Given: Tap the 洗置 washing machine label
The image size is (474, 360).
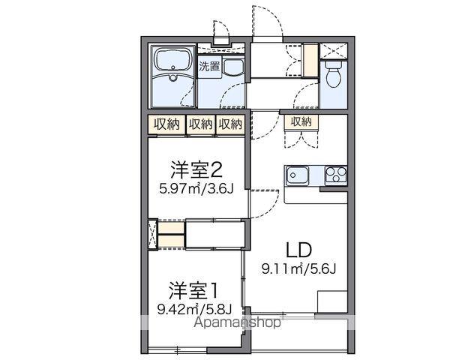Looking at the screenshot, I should (211, 65).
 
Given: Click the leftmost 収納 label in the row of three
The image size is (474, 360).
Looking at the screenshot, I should (167, 124).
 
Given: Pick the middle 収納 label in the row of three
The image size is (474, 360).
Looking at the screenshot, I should (201, 124).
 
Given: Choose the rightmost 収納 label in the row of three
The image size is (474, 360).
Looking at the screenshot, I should (231, 124).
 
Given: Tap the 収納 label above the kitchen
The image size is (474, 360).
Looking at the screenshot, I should (301, 122).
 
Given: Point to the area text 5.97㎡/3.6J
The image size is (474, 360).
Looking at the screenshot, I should (196, 188).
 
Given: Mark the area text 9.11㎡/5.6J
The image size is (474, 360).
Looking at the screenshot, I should (297, 268).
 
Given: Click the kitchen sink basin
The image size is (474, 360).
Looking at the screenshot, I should (295, 176).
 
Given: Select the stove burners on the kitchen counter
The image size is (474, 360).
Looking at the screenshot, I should (334, 175).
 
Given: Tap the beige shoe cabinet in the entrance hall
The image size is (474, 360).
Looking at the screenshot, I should (310, 59).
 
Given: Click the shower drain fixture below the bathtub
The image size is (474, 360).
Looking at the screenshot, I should (173, 77).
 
